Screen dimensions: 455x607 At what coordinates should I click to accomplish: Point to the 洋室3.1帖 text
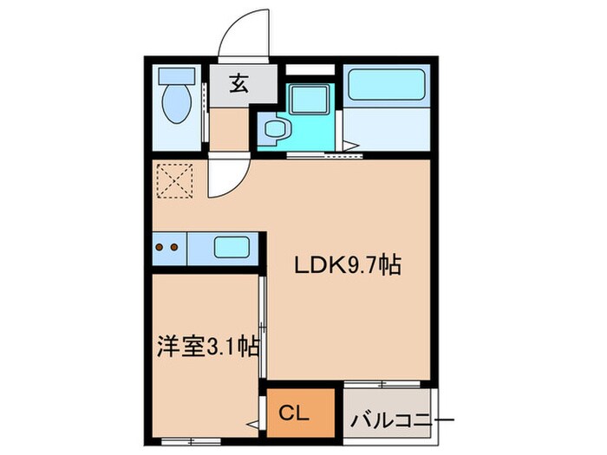click(208, 348)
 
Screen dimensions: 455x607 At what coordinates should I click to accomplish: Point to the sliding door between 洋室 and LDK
click(262, 325)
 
